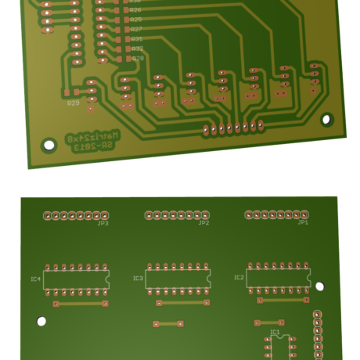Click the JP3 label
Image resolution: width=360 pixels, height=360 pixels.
(103, 224)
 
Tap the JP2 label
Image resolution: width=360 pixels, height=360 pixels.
(203, 223)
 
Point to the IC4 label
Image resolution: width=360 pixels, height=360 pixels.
(35, 279)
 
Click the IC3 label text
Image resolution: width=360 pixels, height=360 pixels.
(138, 278)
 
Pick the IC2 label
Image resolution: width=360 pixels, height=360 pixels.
(239, 276)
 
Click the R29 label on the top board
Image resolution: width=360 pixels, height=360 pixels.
(73, 103)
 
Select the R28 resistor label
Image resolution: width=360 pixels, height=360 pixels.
(138, 59)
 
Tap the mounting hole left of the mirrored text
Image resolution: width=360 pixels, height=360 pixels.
(49, 146)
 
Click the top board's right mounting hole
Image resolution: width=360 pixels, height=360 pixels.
(327, 120)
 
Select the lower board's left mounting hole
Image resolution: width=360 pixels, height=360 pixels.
(41, 321)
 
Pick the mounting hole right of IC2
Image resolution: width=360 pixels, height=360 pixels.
(319, 286)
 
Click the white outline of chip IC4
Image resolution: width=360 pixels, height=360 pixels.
(76, 279)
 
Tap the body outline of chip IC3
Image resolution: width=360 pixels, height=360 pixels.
(178, 278)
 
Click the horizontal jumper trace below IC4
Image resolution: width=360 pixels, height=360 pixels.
(79, 303)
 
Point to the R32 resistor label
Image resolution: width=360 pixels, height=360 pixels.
(137, 49)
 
